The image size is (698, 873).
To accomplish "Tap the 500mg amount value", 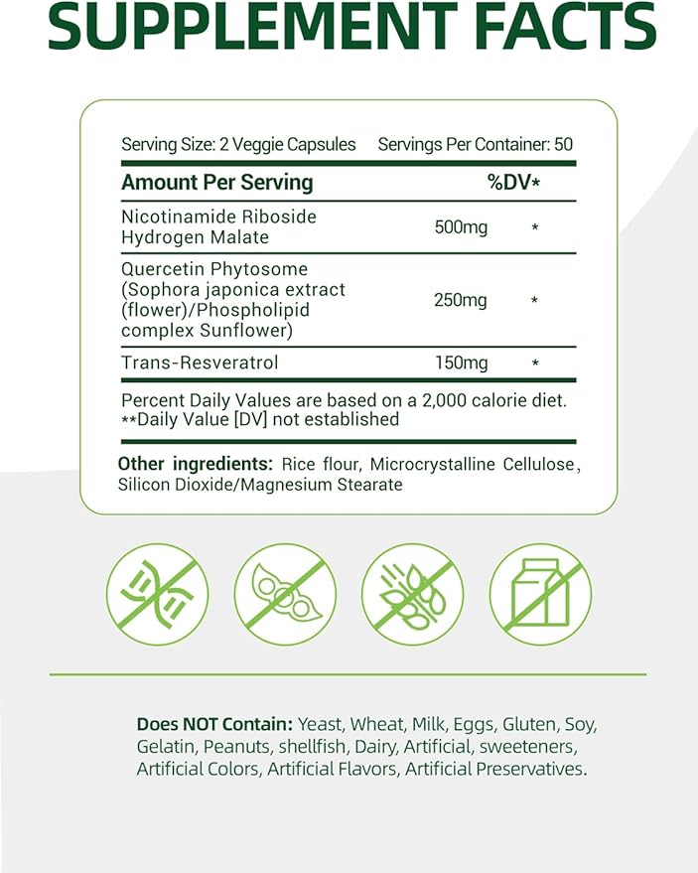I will click(x=461, y=227).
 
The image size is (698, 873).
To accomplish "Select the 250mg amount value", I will click(x=461, y=301).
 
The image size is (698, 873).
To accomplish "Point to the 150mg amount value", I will click(x=461, y=364).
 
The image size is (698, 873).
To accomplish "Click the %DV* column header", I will click(x=513, y=183).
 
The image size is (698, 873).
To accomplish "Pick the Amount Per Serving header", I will click(x=216, y=183).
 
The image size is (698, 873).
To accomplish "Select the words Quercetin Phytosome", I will click(x=213, y=269).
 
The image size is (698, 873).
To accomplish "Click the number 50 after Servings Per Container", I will click(x=563, y=144).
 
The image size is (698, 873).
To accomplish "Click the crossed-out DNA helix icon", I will click(x=156, y=595).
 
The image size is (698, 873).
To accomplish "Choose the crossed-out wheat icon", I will click(x=411, y=595).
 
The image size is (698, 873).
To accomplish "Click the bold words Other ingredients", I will click(x=195, y=464).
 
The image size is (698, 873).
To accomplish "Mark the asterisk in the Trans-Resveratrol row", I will click(x=535, y=364).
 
